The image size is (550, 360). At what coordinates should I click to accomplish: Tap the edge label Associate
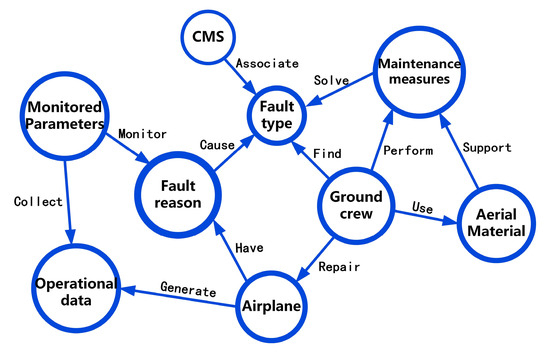(x=266, y=63)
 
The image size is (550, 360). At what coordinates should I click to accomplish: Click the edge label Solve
(x=330, y=79)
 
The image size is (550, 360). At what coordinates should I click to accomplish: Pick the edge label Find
(x=327, y=154)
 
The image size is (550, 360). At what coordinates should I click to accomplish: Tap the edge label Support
(x=488, y=148)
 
